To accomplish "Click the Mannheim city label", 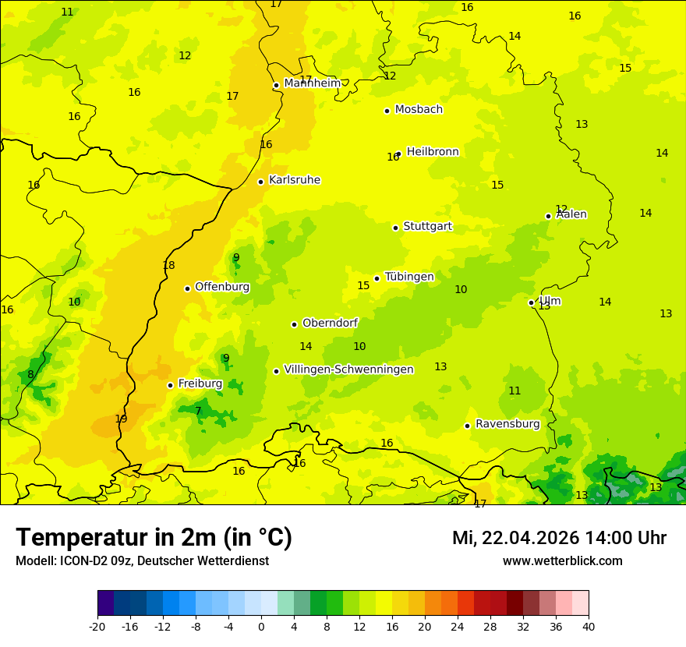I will (312, 83).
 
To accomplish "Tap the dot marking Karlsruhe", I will (260, 182).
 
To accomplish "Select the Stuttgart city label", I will (427, 227).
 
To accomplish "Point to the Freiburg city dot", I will (170, 385).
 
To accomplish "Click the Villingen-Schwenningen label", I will (348, 369).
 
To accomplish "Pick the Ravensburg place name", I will (507, 424).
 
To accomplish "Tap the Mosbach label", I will (419, 110).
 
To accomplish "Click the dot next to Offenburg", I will (187, 288).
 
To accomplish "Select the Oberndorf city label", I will (330, 323).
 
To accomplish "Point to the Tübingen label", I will (409, 277).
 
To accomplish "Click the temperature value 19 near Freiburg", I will (121, 419).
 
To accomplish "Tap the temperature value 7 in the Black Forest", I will (198, 412).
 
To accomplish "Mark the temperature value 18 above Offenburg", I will (168, 266).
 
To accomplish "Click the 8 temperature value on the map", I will (30, 375).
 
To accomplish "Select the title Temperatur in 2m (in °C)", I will (154, 538).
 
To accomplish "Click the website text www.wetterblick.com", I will (562, 561).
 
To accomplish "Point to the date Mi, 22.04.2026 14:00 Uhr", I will (559, 538).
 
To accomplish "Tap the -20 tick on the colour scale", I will (97, 626).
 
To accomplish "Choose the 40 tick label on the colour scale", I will (588, 626).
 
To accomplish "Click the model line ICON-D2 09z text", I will (142, 561).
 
